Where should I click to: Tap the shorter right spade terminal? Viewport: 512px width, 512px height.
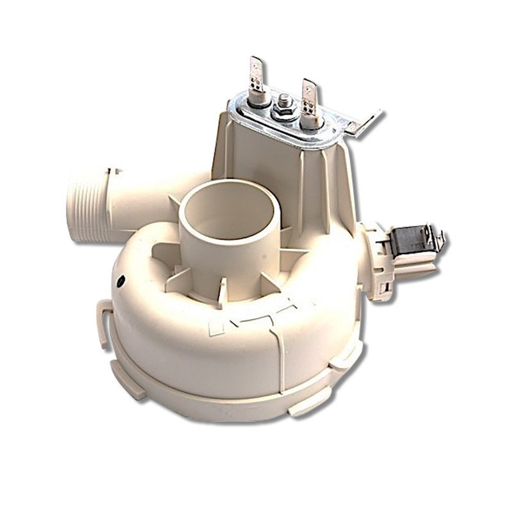pos(308,92)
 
